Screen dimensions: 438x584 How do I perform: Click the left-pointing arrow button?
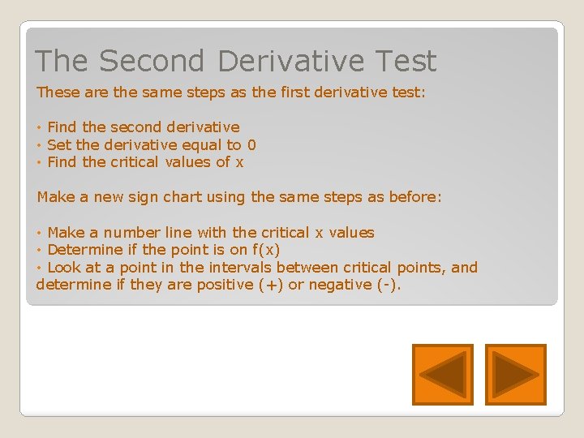[x=442, y=375]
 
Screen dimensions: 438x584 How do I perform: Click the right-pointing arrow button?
[x=516, y=375]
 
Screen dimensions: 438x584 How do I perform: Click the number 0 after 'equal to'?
[x=251, y=145]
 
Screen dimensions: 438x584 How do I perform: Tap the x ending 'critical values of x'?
[x=239, y=162]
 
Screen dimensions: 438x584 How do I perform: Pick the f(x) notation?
[x=266, y=250]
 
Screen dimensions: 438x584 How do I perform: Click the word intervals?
[x=241, y=268]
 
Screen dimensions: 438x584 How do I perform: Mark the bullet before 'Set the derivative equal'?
[x=40, y=145]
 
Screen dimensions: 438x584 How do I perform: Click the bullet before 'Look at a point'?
[x=40, y=268]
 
